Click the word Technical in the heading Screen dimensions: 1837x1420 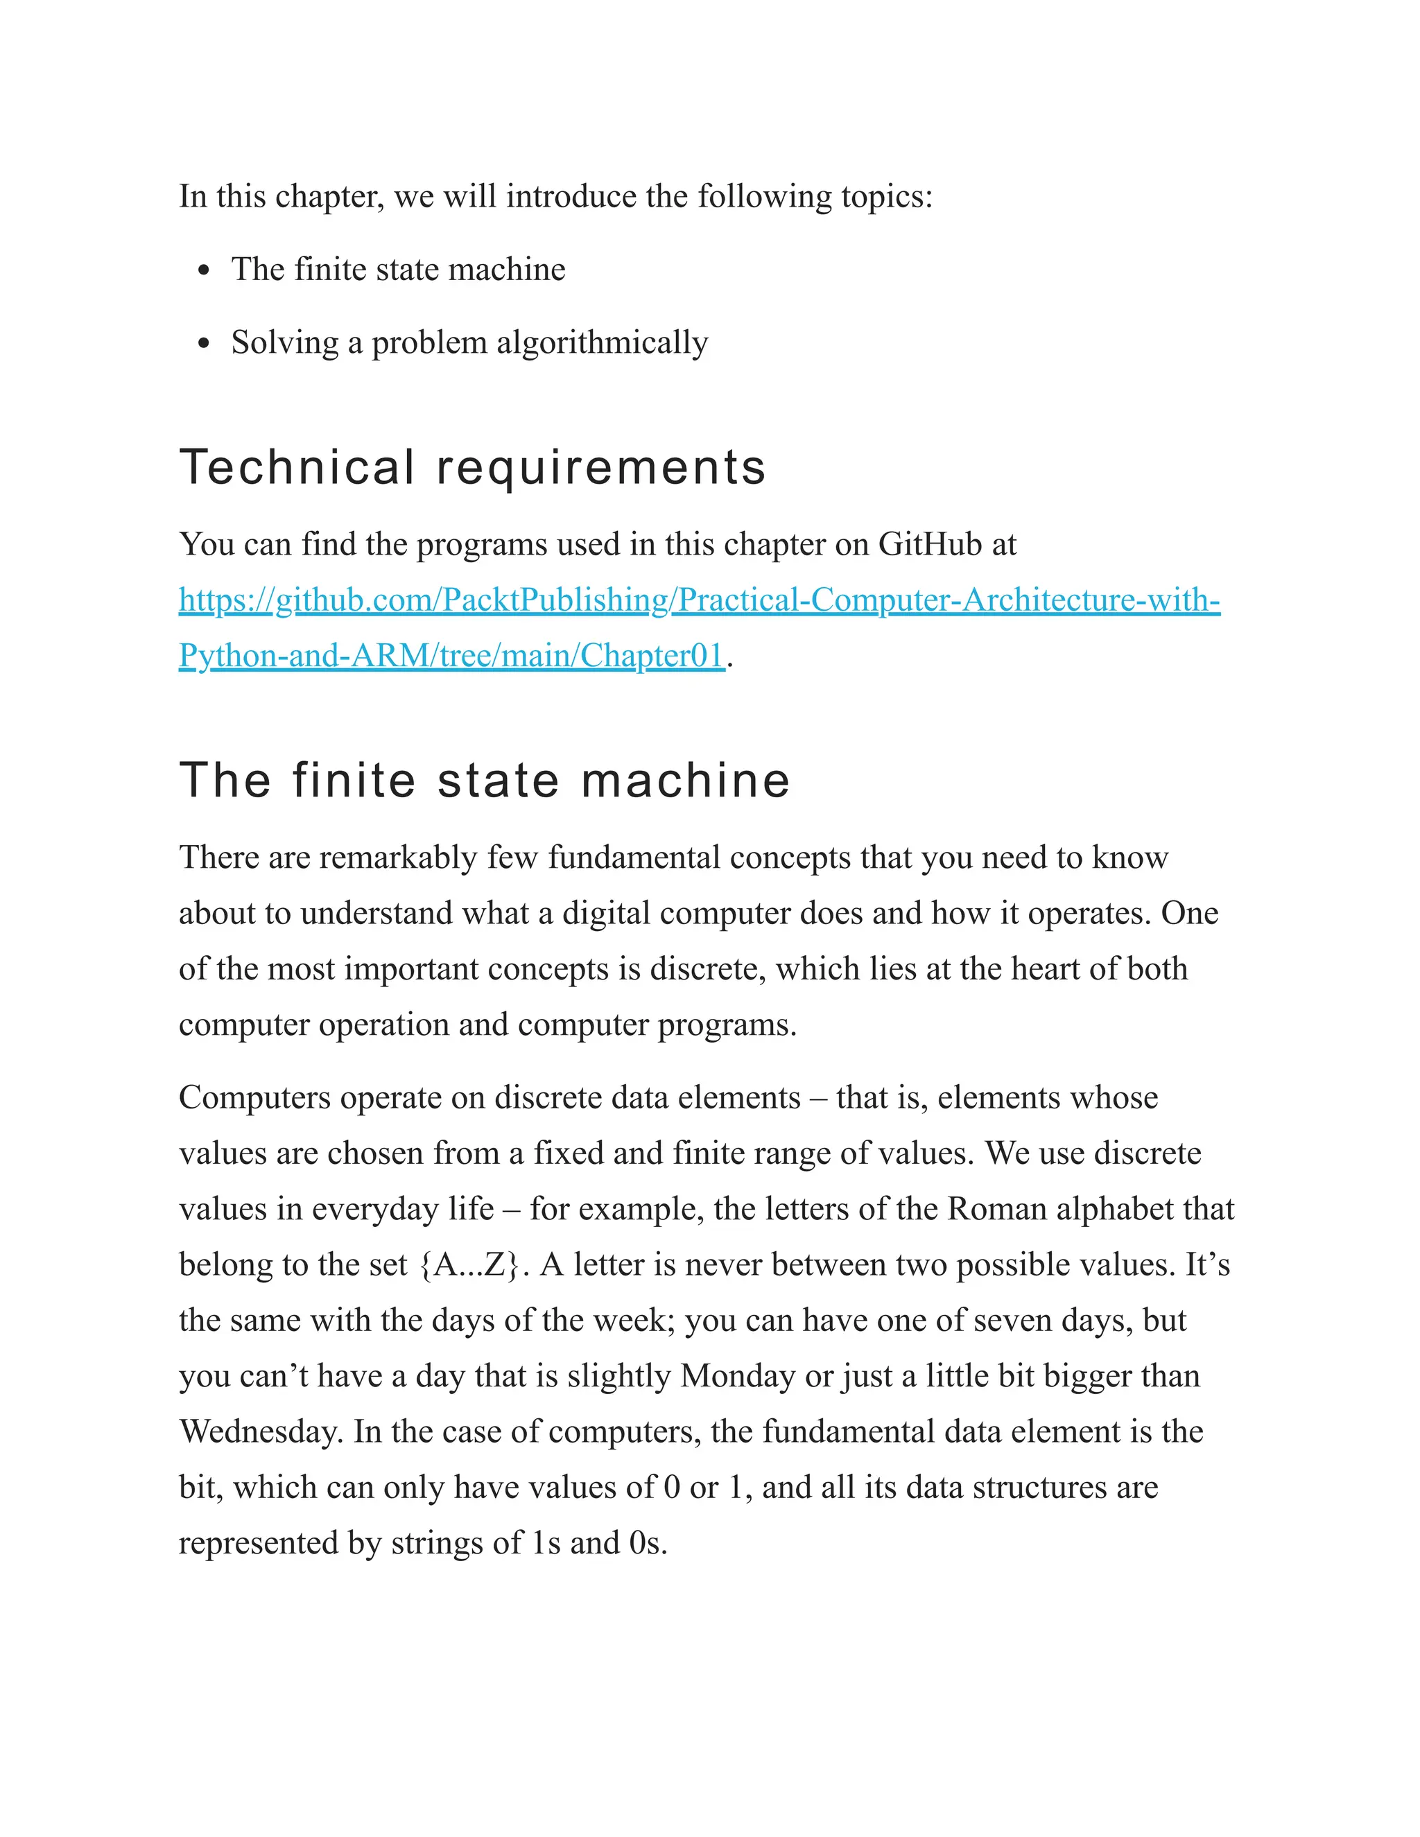point(297,468)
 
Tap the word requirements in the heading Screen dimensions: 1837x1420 point(600,469)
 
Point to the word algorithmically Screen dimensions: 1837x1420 point(603,343)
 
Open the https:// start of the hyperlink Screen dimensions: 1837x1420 point(225,600)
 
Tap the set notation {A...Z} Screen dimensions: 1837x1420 point(469,1265)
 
